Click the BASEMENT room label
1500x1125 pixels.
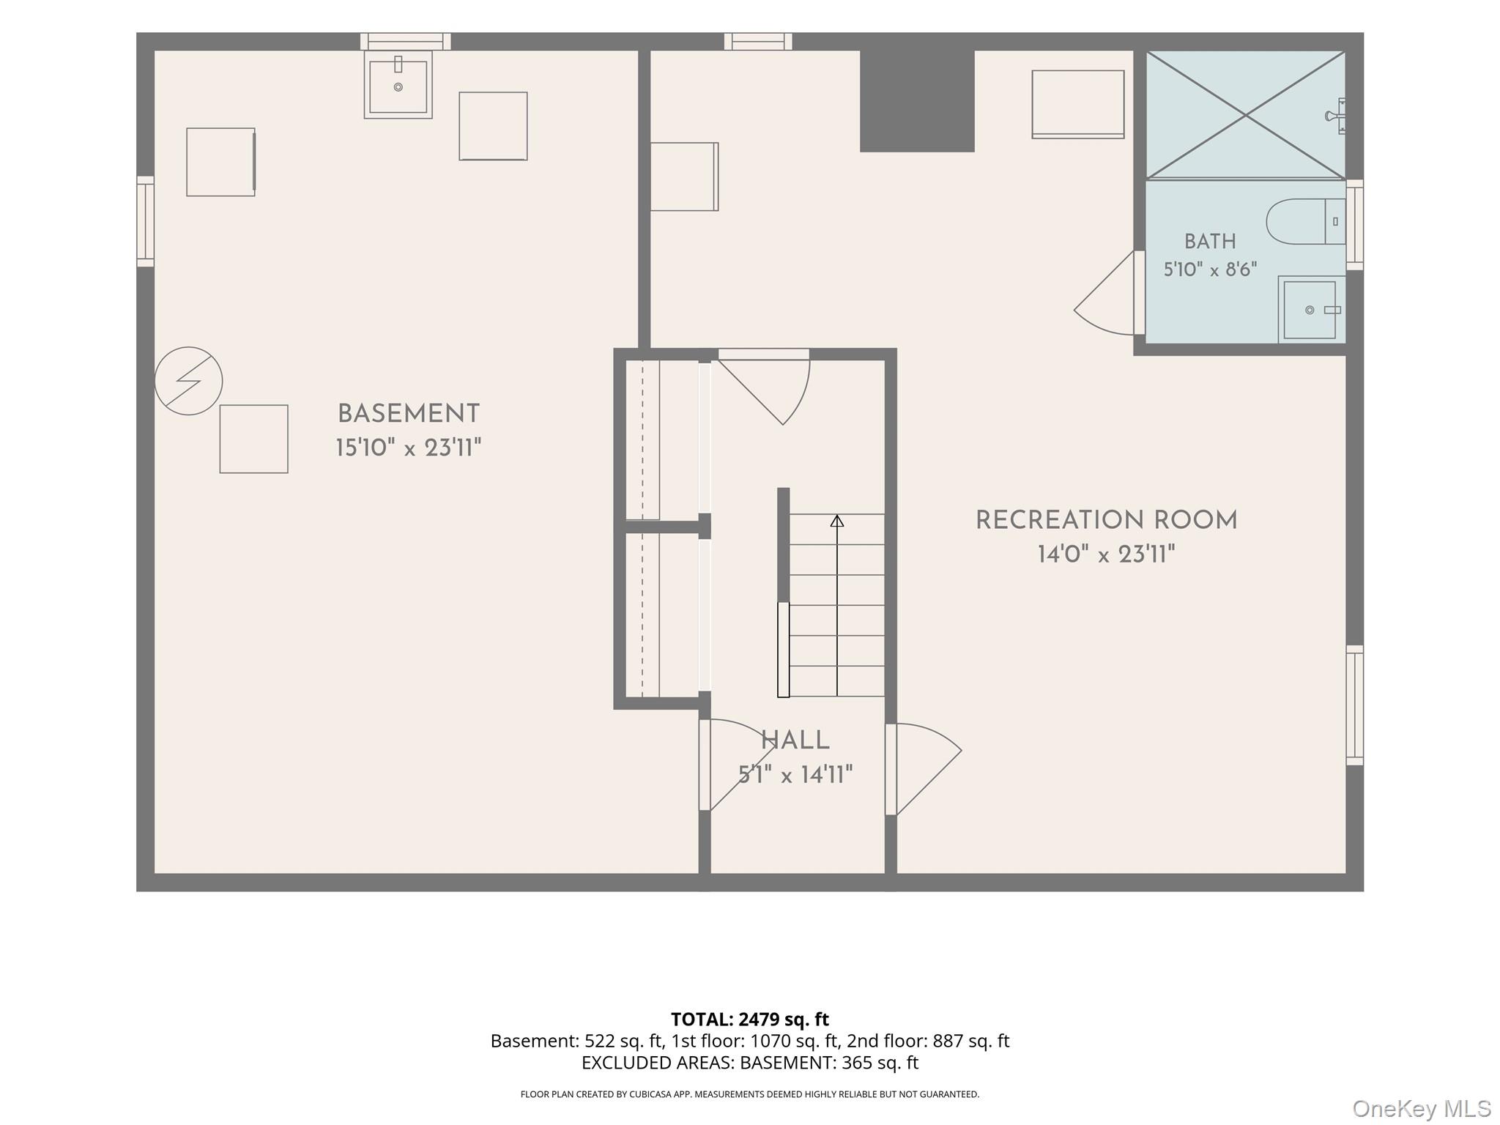point(408,414)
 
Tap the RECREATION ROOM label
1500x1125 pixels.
point(1106,521)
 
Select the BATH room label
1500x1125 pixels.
point(1210,241)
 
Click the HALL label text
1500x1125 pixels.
point(795,740)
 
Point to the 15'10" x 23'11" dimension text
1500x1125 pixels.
point(408,448)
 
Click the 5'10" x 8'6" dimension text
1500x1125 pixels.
point(1210,270)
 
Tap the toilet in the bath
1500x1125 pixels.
point(1306,221)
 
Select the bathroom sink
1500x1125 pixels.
point(1312,310)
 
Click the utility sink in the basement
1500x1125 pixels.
point(398,85)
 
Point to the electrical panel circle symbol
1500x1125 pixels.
point(188,381)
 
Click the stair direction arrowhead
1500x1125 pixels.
point(837,521)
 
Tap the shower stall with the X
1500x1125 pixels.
point(1245,114)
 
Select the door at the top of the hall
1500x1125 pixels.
point(764,387)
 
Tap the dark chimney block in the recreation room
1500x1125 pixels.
point(917,100)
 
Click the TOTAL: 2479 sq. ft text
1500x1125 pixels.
point(750,1020)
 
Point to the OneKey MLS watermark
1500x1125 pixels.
point(1422,1109)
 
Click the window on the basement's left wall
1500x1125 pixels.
point(145,221)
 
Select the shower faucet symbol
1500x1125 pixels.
point(1336,116)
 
